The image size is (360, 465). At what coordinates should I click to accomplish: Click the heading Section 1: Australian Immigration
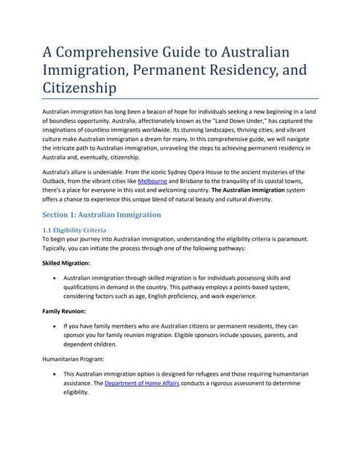pos(101,215)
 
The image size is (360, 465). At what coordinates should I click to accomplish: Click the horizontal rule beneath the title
pos(180,98)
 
